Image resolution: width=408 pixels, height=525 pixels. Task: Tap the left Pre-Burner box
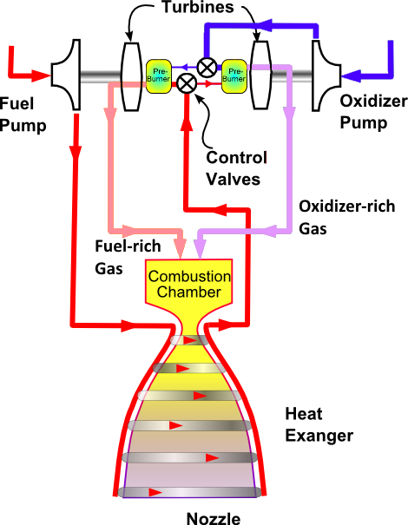coord(159,76)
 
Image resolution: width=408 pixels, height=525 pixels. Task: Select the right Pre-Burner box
coord(234,76)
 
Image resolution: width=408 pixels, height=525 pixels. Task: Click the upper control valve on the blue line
coord(207,68)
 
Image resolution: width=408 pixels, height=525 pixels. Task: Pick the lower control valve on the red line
coord(187,83)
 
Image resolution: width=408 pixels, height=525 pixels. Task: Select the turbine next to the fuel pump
coord(131,76)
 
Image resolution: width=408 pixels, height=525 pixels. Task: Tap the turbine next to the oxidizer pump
coord(261,75)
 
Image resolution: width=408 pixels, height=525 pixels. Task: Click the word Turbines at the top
coord(198,7)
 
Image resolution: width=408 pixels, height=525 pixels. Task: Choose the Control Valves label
coord(236,168)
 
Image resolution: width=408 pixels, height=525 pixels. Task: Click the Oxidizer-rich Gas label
coord(346,218)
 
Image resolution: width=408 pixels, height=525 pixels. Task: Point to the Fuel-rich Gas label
coord(128,257)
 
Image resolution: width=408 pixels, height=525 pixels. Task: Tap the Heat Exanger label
coord(319,425)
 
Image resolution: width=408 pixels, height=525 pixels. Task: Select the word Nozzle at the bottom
coord(214,518)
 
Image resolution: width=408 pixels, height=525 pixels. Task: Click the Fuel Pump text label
coord(23,115)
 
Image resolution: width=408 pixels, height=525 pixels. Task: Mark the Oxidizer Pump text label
coord(373,112)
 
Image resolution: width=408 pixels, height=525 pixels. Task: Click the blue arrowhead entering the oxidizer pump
coord(351,76)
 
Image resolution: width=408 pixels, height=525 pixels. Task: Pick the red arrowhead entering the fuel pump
coord(41,75)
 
